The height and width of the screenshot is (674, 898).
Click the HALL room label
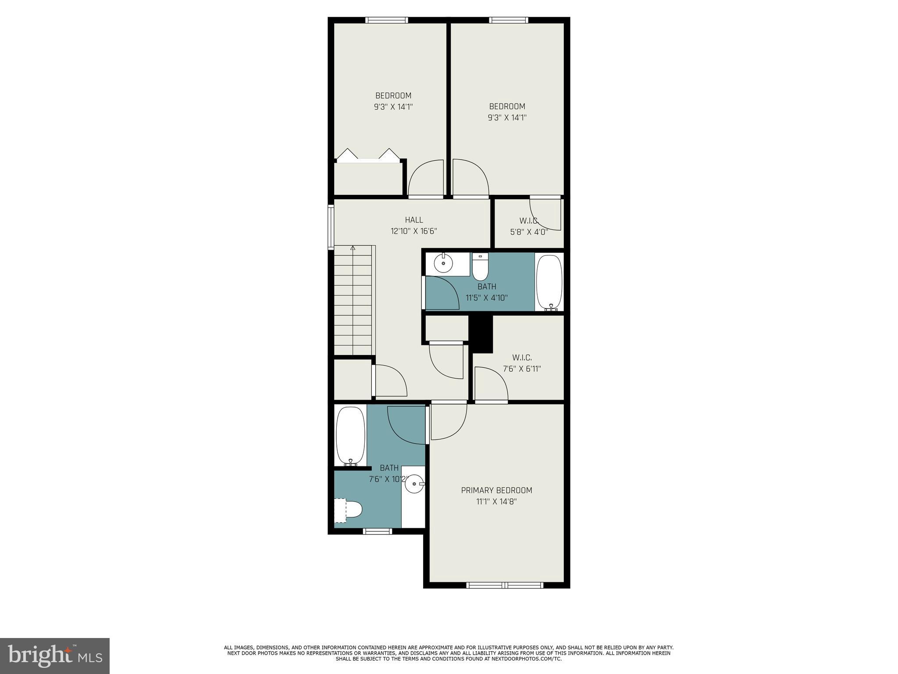tap(414, 220)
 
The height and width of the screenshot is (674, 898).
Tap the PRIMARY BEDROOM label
tap(496, 490)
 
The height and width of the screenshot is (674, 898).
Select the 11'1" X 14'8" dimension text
tap(496, 502)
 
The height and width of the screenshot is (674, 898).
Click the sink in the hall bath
tap(443, 263)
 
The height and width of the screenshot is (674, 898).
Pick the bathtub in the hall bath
tap(549, 282)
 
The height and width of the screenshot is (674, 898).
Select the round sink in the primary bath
tap(414, 484)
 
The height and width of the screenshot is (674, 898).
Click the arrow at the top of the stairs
tap(353, 248)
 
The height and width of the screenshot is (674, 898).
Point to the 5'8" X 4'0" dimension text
tap(529, 232)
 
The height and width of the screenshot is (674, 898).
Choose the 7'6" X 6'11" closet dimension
tap(522, 369)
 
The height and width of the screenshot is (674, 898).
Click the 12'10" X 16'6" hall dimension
tap(414, 231)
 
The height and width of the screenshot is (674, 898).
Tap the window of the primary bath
tap(378, 531)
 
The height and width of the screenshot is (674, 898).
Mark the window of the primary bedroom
tap(505, 585)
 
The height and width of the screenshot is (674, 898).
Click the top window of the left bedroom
tap(386, 20)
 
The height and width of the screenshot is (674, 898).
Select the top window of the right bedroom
tap(509, 20)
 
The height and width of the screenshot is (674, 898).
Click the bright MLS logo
tap(55, 656)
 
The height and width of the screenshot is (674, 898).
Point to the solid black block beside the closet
tap(481, 333)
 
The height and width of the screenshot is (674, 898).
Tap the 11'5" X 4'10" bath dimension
tap(487, 298)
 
